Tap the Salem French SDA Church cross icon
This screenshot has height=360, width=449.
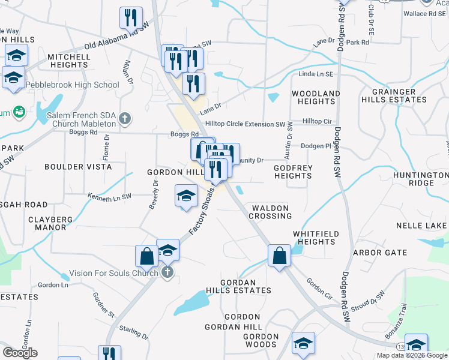[x=125, y=118]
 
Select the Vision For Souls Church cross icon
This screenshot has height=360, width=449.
[x=167, y=273]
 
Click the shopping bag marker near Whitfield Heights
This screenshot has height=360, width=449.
[x=279, y=256]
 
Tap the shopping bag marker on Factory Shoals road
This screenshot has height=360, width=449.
[x=146, y=256]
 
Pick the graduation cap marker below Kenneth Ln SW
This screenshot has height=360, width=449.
[x=186, y=196]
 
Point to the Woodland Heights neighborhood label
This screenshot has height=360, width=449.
[x=316, y=98]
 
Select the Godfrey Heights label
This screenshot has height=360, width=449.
[x=293, y=172]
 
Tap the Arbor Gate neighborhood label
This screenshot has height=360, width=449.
[x=380, y=253]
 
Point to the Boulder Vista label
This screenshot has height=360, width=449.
[x=78, y=166]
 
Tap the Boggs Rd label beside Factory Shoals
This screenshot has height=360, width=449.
[x=185, y=134]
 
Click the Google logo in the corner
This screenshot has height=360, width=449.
[x=20, y=353]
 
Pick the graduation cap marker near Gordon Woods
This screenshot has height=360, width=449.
[x=303, y=344]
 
